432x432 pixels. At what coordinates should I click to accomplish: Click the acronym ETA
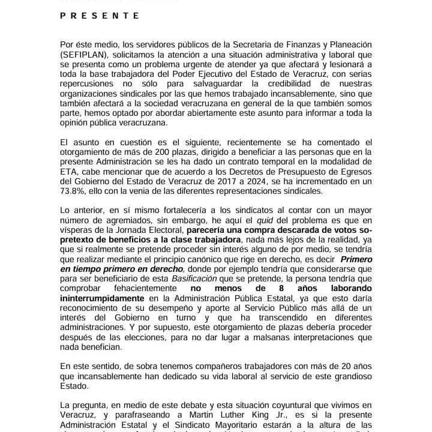[70, 172]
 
